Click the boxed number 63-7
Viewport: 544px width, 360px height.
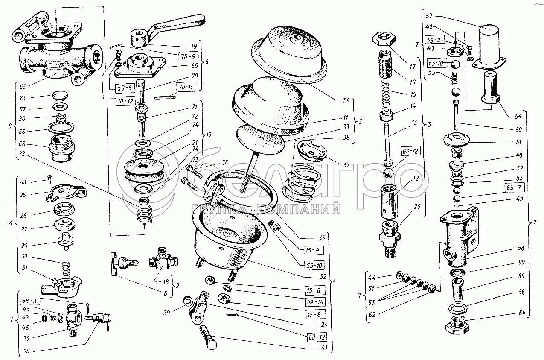point(512,187)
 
